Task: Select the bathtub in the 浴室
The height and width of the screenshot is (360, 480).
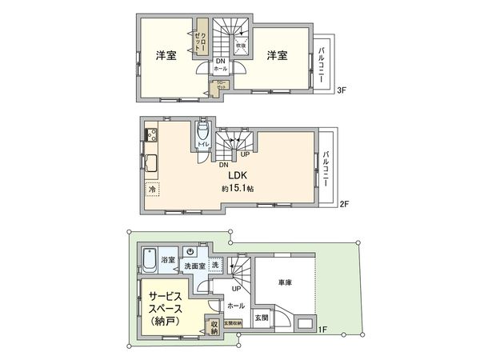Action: point(149,259)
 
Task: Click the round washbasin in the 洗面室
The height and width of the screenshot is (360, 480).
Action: point(185,249)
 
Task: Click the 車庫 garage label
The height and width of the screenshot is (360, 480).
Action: point(286,283)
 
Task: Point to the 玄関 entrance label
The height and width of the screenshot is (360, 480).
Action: point(262,318)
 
